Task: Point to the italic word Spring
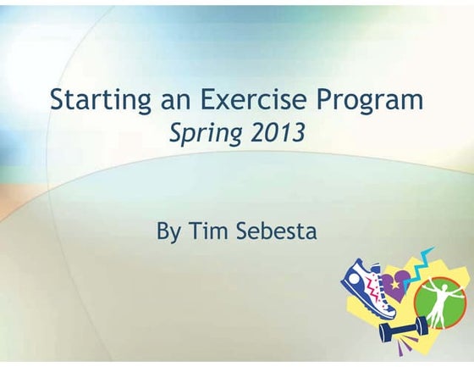[x=203, y=134]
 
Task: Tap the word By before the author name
[x=169, y=231]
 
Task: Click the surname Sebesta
[x=277, y=230]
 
